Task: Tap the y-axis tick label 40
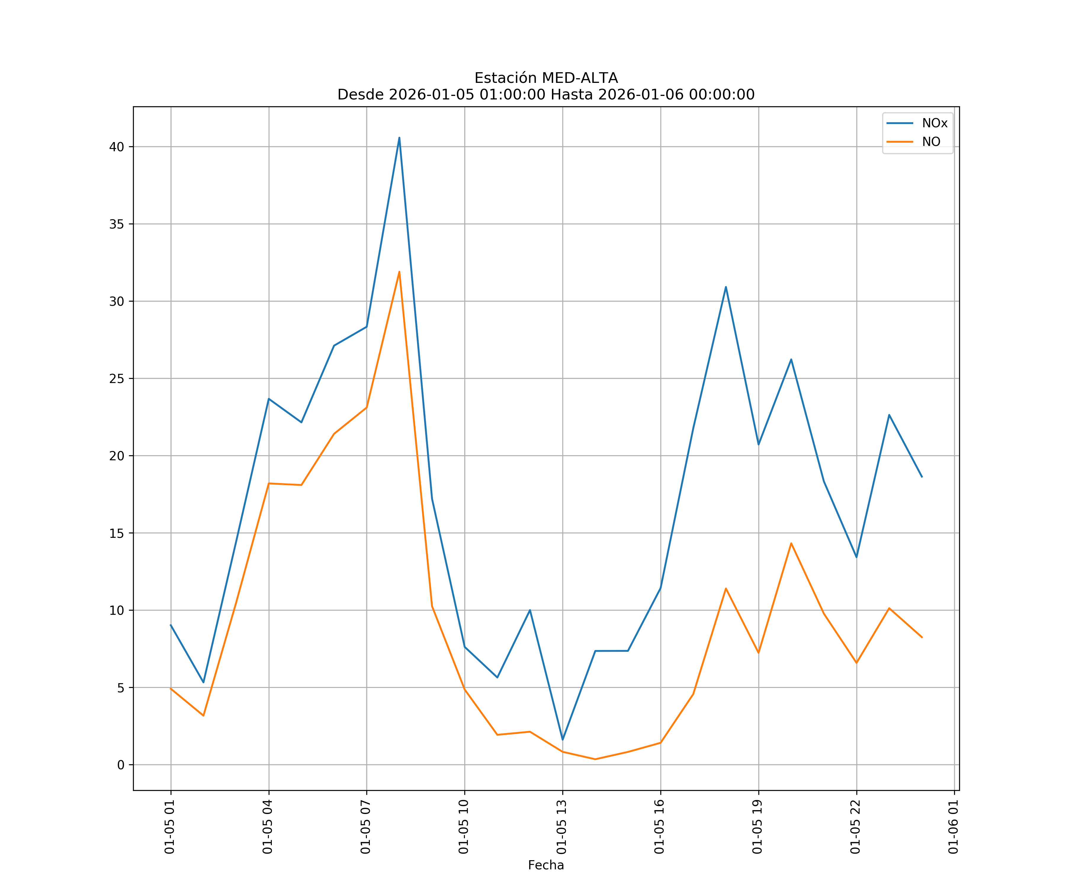pos(116,147)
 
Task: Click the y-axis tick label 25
pos(116,379)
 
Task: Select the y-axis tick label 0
pos(120,765)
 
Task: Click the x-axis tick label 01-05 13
pos(561,827)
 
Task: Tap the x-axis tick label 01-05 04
pos(267,827)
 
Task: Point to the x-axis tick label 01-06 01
pos(953,827)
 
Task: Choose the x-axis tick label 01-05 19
pos(757,827)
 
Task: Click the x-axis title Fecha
pos(546,865)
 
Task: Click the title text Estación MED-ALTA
pos(546,78)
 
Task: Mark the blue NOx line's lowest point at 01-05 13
pos(562,740)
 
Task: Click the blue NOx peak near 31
pos(726,287)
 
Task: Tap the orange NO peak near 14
pos(791,543)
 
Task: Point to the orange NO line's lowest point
pos(595,759)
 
